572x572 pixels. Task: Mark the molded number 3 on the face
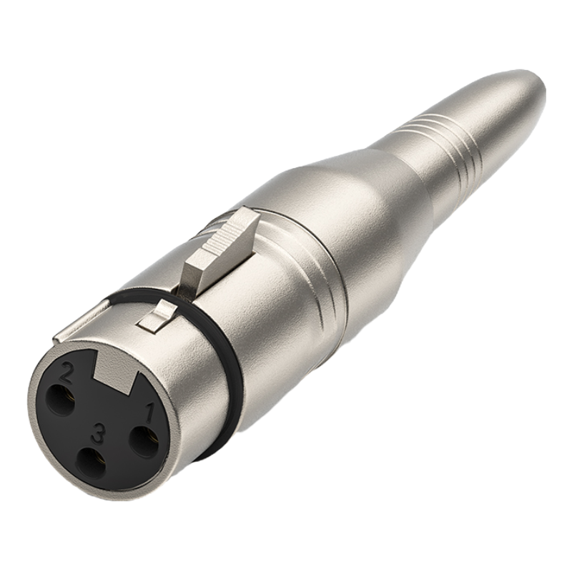pyautogui.click(x=98, y=434)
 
